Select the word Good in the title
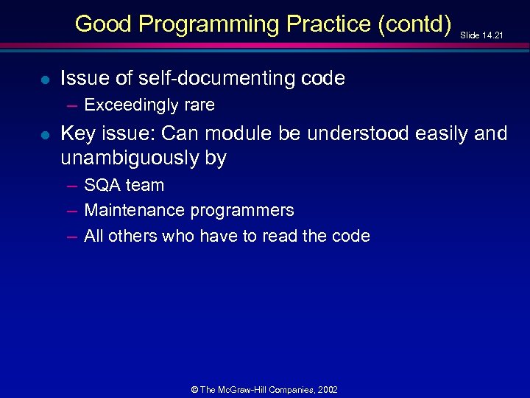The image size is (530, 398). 103,24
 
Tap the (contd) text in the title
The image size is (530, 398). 414,24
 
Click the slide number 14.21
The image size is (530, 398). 492,35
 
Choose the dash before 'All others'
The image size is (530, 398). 71,237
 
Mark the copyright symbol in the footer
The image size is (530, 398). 194,390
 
